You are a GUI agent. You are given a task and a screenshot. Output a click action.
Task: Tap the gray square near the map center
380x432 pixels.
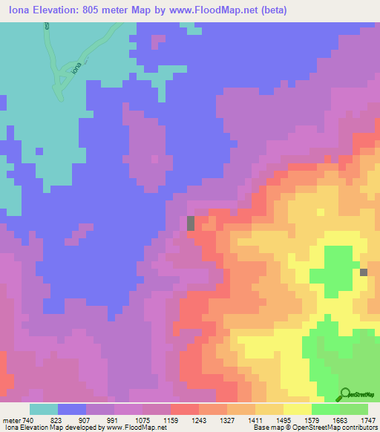click(191, 223)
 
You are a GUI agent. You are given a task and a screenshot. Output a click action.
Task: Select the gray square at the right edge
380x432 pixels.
click(364, 272)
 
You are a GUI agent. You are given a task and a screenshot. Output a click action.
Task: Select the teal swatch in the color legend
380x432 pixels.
click(44, 409)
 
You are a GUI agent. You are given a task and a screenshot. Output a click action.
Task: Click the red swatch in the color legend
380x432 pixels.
click(185, 409)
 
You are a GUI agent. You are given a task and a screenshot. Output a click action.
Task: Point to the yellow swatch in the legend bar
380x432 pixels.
click(298, 409)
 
